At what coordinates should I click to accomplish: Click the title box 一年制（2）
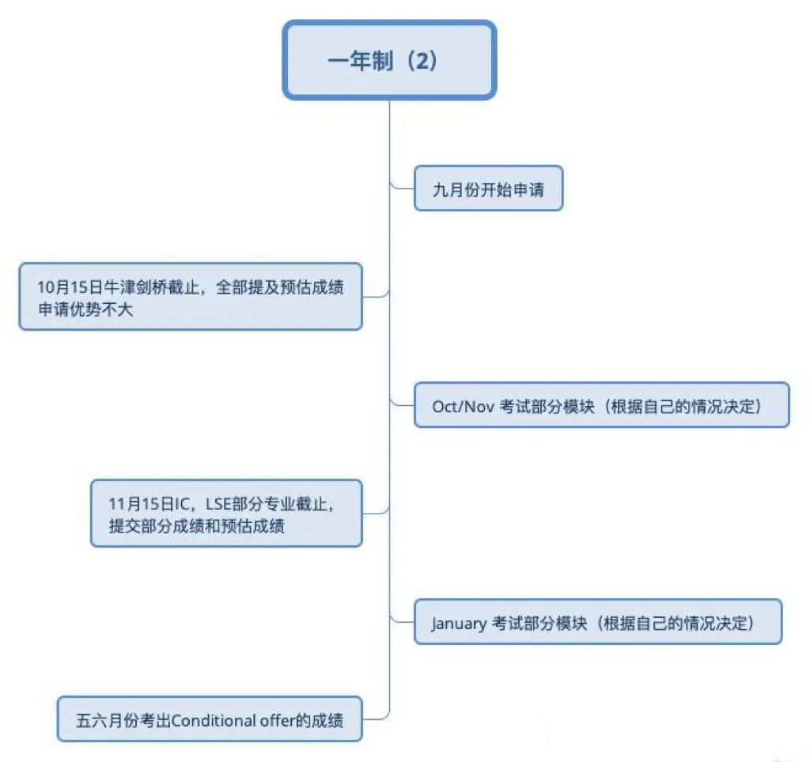(389, 61)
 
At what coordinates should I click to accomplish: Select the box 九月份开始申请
(488, 189)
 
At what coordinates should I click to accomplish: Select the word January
(460, 623)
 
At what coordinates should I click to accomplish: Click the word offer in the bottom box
(275, 720)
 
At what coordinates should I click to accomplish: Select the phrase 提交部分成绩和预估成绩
(196, 525)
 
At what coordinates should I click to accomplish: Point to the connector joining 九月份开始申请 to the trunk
(402, 188)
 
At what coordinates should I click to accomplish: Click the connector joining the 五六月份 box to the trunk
(377, 718)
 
